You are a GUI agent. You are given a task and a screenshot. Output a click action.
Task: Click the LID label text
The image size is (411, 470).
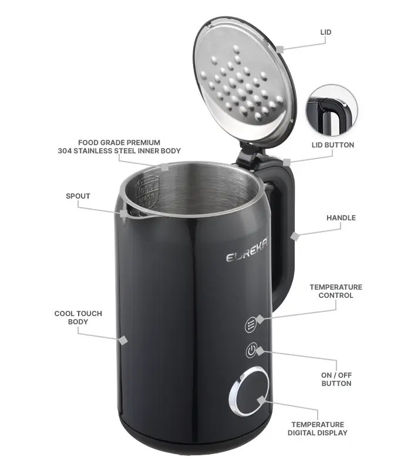(x=326, y=32)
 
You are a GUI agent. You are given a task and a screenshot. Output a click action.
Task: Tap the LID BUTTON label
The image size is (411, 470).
(x=333, y=145)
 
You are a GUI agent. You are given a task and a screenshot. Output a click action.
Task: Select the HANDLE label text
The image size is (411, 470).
(x=341, y=218)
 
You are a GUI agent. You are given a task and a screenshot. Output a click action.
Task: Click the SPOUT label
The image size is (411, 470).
(x=78, y=196)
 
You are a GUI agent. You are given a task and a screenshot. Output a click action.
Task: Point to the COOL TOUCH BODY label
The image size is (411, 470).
(x=78, y=318)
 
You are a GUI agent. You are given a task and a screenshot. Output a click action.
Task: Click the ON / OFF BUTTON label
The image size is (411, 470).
(x=336, y=379)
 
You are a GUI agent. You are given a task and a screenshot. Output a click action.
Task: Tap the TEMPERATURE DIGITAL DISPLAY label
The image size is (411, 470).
(x=318, y=429)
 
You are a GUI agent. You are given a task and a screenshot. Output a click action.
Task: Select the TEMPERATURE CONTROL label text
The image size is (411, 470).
(x=336, y=291)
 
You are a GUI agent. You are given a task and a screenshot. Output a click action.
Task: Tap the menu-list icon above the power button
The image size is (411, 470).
(x=251, y=325)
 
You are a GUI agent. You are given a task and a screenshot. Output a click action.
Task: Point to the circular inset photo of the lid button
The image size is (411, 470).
(x=332, y=111)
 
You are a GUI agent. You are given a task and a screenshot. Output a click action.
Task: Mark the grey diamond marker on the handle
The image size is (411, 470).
(x=295, y=236)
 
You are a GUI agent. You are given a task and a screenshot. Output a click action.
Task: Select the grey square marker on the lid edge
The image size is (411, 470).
(x=280, y=49)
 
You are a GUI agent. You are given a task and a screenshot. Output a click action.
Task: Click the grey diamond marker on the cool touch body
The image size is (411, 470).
(x=123, y=341)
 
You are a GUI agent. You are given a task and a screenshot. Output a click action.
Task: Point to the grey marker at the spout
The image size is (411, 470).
(x=123, y=214)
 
